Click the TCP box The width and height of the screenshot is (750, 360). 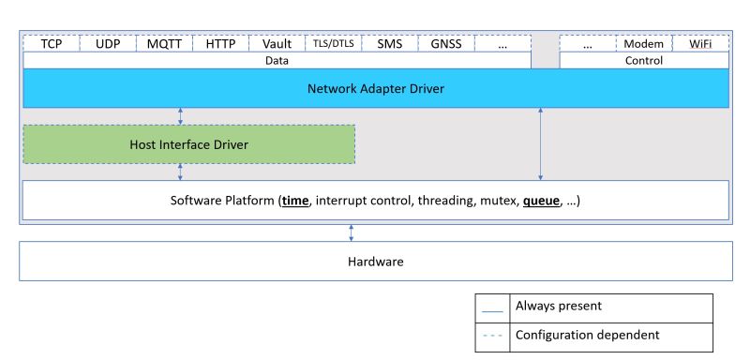pos(51,44)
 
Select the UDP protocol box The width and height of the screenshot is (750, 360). pos(108,44)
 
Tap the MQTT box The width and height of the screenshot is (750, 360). pos(164,44)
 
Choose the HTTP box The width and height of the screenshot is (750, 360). pos(220,44)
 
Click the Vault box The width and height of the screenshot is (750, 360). pos(277,44)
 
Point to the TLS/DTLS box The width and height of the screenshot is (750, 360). pos(333,44)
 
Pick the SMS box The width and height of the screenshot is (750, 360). pos(389,44)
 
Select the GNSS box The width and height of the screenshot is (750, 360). pos(446,44)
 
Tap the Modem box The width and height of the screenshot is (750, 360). pos(643,44)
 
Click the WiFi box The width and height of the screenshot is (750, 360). pos(699,44)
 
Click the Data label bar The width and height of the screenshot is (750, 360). pos(277,61)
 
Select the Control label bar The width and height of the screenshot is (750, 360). pos(643,61)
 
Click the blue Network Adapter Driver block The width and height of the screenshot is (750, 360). pos(375,89)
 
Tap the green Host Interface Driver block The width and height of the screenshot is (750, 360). pos(188,144)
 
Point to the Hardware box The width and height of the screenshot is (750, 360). pos(375,262)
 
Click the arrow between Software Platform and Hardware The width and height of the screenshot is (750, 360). pos(352,232)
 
